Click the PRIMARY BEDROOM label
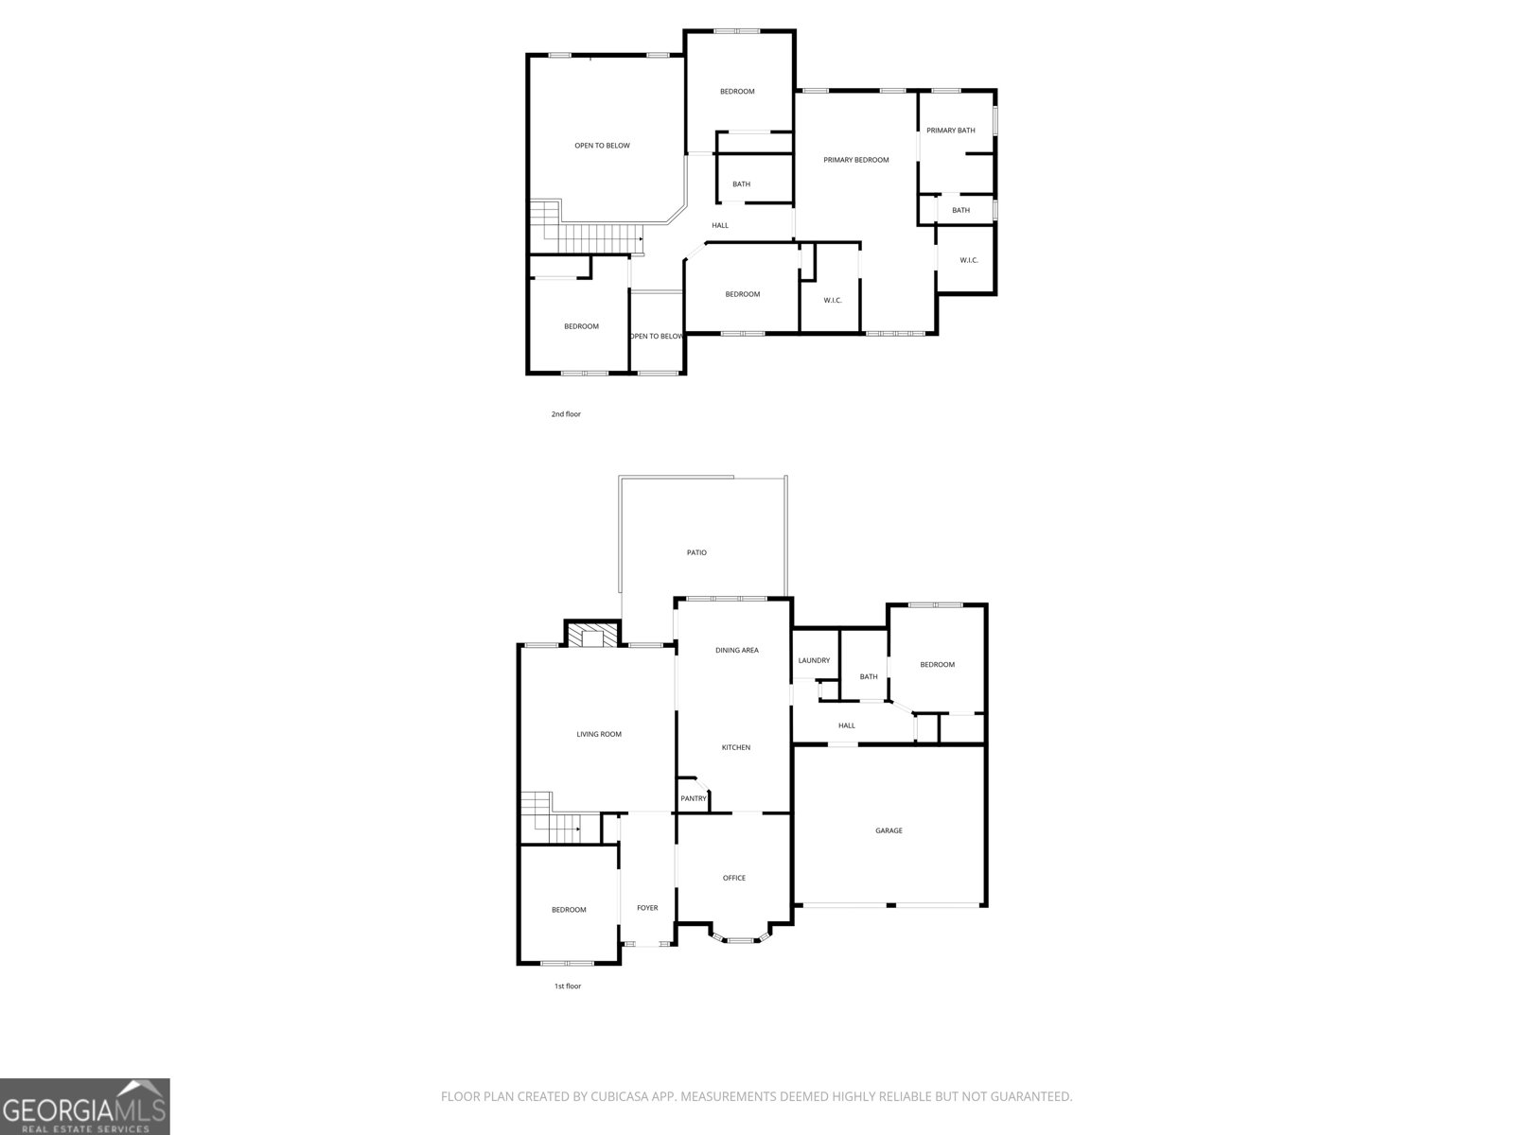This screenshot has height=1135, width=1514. [x=855, y=160]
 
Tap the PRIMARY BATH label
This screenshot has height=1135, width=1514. [x=950, y=131]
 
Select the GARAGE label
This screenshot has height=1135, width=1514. [x=889, y=830]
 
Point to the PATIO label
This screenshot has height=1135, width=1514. [x=696, y=552]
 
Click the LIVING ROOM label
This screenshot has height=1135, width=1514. [x=599, y=734]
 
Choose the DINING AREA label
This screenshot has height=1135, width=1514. [x=736, y=651]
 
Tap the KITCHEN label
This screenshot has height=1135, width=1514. [x=736, y=748]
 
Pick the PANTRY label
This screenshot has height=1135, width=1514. [x=694, y=799]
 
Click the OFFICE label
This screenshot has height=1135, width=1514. [x=734, y=878]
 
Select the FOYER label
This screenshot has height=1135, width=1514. [x=647, y=908]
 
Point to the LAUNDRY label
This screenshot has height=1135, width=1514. [x=814, y=660]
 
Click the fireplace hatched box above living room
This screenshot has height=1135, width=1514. [x=591, y=635]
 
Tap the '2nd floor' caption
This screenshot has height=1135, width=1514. [x=566, y=414]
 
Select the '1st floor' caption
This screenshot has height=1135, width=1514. [x=568, y=987]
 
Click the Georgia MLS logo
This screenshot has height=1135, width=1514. [x=85, y=1106]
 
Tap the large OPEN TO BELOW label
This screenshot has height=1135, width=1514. [x=602, y=146]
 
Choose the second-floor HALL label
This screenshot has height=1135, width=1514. [x=720, y=225]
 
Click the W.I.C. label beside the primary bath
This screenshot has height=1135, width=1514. [x=969, y=260]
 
